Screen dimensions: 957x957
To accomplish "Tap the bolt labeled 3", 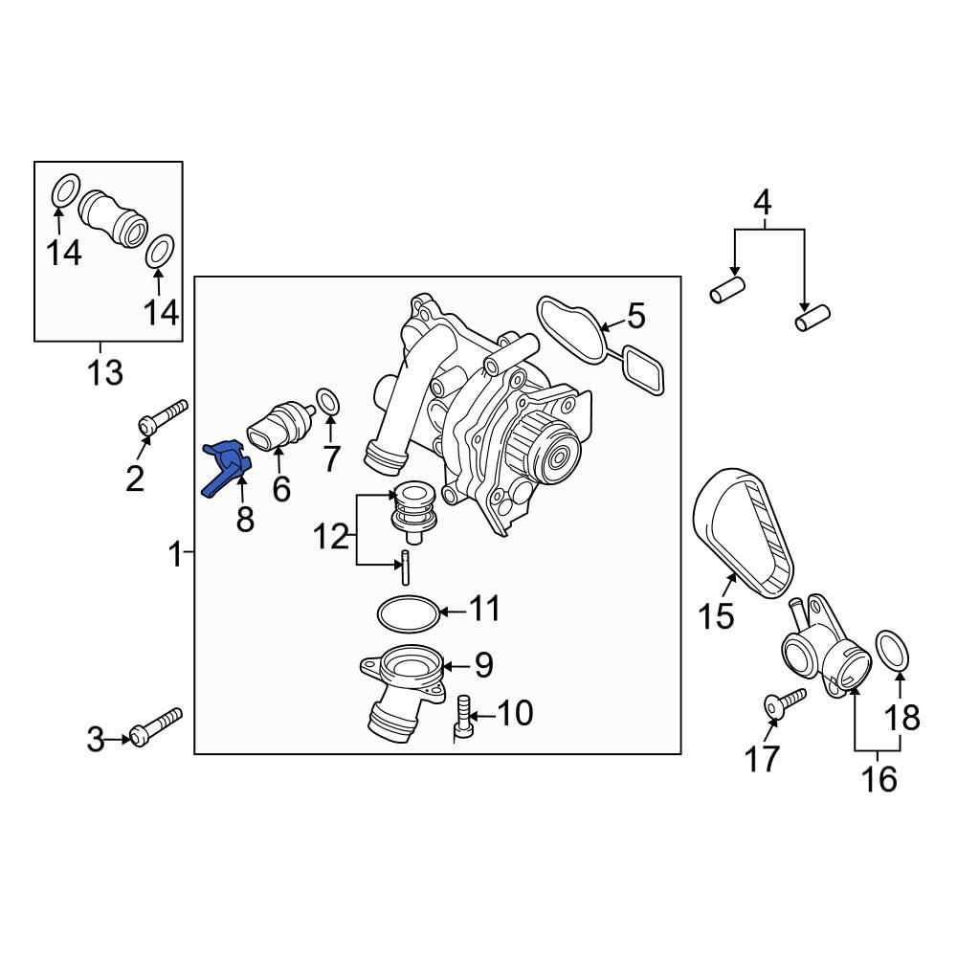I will click(x=157, y=726).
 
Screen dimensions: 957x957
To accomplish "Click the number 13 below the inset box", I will click(x=105, y=371).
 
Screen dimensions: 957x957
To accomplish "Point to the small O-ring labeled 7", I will click(x=327, y=404).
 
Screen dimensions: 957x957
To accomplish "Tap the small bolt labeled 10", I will click(x=463, y=718).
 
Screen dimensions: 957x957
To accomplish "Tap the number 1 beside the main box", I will click(x=174, y=553).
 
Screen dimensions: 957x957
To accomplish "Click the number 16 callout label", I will click(x=879, y=779).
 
